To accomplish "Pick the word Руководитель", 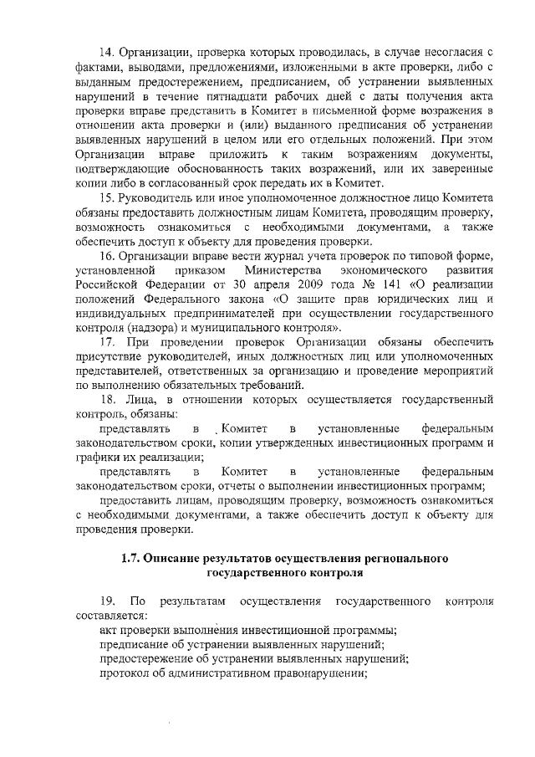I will click(160, 197).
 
